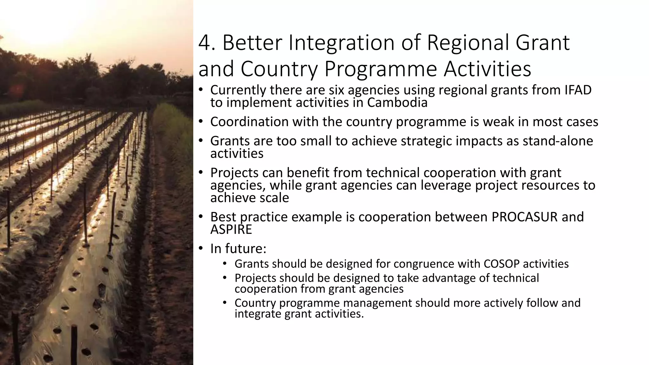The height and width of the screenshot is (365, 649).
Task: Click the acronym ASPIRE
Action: pos(231,229)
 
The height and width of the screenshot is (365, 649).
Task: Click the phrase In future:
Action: pos(238,248)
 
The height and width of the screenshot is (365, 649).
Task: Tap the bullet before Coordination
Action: pos(201,122)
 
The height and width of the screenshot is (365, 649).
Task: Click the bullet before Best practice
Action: pos(201,217)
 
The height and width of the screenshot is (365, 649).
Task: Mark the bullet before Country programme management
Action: pos(225,303)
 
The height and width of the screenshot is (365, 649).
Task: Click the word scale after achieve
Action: pos(274,198)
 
